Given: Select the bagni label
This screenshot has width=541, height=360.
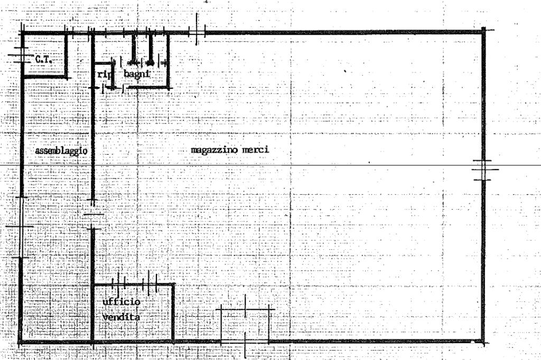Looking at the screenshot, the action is click(136, 74).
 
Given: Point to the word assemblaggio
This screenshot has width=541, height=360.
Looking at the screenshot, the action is click(61, 150).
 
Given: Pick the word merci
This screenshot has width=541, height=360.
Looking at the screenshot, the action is click(255, 150).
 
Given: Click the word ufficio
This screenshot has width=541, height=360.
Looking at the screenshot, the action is click(121, 301).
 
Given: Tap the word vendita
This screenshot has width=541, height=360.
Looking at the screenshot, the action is click(122, 318).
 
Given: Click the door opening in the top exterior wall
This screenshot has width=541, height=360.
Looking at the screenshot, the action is click(196, 32).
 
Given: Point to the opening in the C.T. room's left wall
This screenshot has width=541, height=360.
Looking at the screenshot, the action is click(21, 55).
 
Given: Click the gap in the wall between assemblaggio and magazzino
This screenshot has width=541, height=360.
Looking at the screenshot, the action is click(93, 215).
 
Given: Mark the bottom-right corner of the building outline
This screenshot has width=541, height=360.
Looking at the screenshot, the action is click(483, 342).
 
